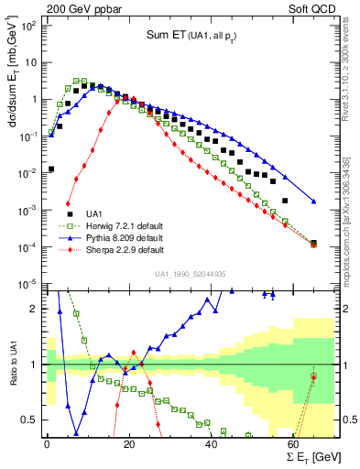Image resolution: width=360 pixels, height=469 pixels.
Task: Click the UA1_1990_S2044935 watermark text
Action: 189,274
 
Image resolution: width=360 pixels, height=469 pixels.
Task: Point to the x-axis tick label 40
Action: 212,444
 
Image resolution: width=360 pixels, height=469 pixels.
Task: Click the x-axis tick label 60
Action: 294,444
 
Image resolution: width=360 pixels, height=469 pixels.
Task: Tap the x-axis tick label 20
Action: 129,444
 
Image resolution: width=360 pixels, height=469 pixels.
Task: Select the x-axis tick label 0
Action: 47,444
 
